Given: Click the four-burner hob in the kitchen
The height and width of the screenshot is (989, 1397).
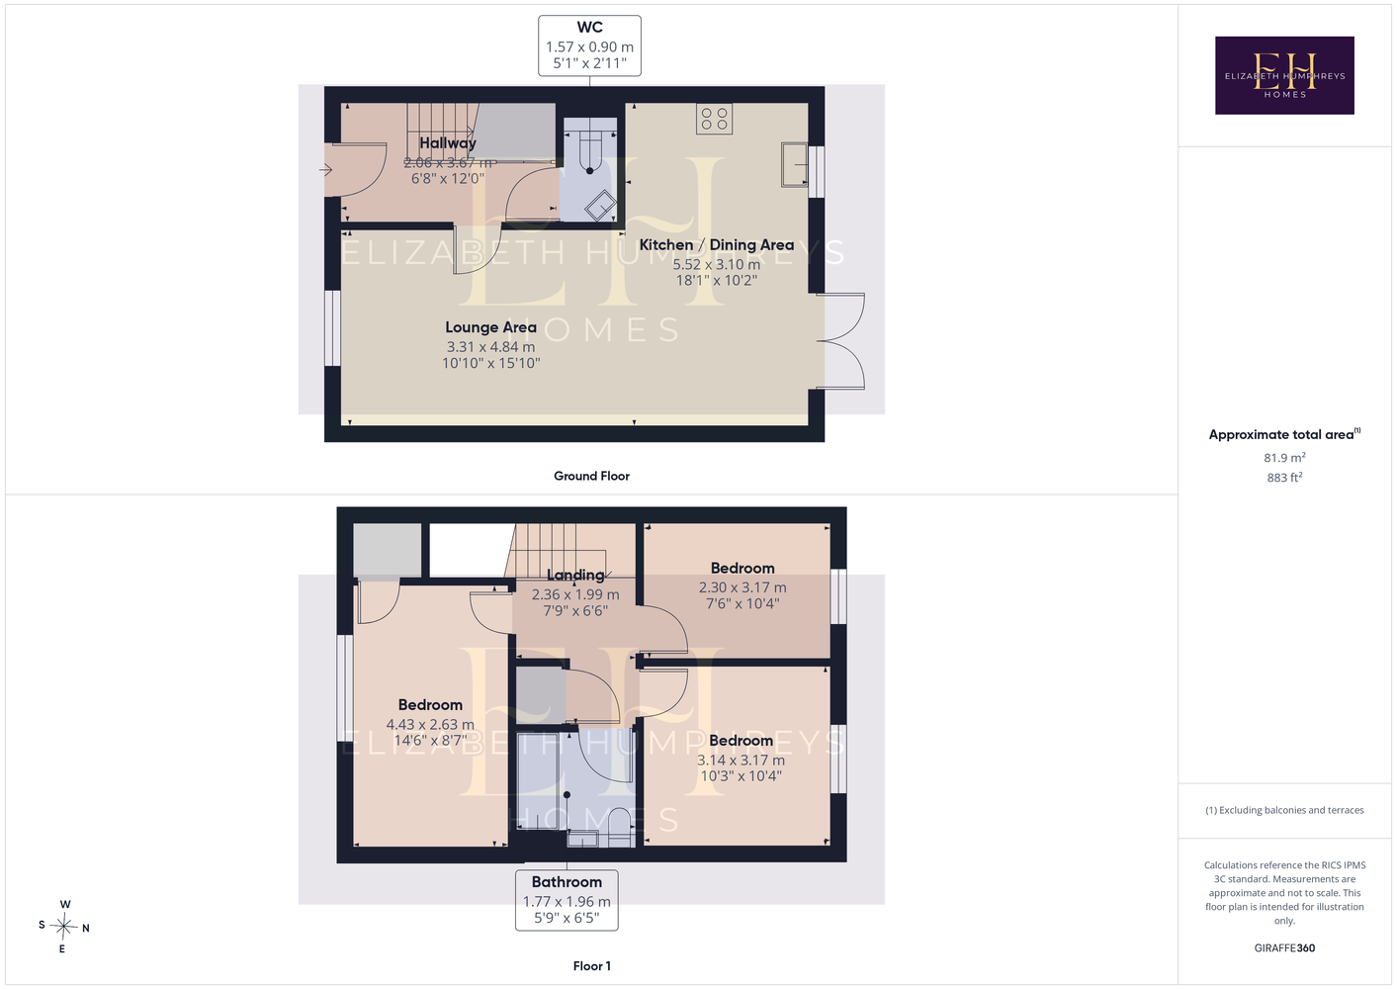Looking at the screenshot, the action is click(714, 119).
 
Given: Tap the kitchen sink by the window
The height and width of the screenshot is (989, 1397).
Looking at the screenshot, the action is click(795, 165).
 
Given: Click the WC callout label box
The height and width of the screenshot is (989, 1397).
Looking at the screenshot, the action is click(589, 46).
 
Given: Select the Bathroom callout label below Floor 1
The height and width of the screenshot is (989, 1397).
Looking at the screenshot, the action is click(567, 900).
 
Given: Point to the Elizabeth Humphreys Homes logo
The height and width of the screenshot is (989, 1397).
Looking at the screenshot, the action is click(1284, 75).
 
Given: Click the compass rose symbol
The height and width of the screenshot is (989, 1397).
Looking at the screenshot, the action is click(63, 926).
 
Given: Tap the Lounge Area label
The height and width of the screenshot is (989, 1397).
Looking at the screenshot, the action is click(490, 327).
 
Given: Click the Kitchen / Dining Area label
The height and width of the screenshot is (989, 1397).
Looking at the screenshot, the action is click(717, 244).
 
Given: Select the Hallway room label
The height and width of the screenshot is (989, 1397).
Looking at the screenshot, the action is click(448, 142).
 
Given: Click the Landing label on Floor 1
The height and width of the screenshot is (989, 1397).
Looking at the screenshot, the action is click(575, 575).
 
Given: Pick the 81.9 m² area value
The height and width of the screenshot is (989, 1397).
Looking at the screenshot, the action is click(1284, 457).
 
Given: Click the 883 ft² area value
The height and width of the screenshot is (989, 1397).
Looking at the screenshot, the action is click(1284, 478).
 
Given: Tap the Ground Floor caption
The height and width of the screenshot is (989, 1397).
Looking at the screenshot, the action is click(591, 476).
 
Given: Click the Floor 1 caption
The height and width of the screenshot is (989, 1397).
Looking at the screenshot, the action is click(592, 966).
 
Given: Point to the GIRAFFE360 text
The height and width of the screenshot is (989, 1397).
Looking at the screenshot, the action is click(1284, 947).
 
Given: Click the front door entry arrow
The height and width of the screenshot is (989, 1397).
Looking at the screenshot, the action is click(325, 169).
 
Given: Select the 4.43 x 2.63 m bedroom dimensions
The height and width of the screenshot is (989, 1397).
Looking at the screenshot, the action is click(430, 724).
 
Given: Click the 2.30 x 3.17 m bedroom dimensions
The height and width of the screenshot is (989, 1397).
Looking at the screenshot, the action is click(742, 587).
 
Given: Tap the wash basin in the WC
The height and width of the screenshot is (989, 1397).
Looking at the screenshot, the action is click(600, 206).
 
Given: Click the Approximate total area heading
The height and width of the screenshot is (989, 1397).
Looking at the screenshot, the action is click(1284, 434).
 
